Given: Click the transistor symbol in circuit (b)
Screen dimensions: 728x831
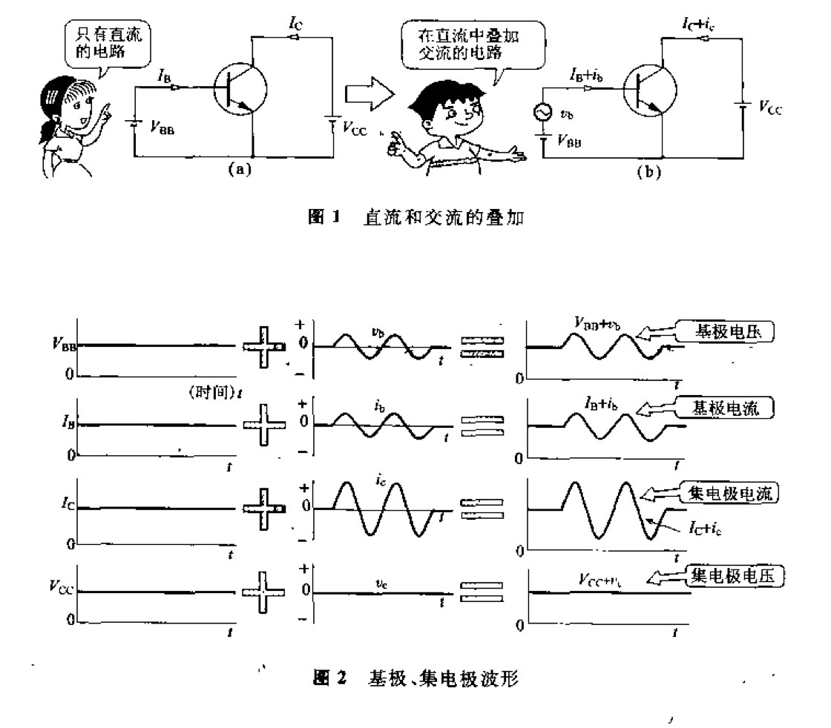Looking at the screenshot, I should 650,93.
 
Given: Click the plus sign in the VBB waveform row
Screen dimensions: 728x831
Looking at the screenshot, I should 264,346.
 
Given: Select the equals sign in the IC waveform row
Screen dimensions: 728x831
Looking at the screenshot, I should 482,509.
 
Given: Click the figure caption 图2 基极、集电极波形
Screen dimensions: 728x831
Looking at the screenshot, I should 422,677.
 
